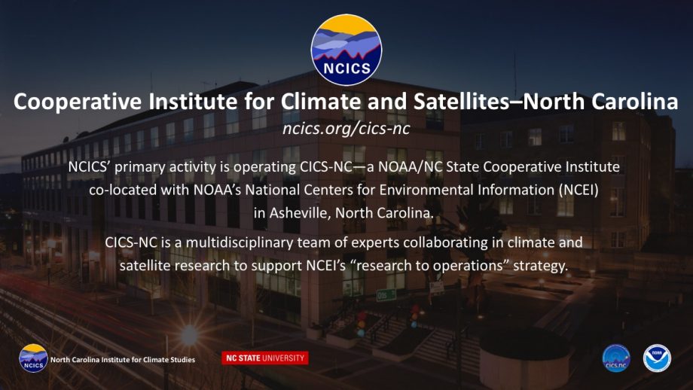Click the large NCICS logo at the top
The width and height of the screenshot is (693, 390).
[346, 50]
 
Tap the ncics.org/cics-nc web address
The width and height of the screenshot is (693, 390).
[346, 129]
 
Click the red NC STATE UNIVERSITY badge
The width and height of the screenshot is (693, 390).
[265, 358]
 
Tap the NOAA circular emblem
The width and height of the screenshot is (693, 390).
[657, 358]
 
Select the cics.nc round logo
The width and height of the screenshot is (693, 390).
[616, 358]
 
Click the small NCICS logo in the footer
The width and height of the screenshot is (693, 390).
[33, 358]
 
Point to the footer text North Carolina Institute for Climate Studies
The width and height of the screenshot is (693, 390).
[123, 360]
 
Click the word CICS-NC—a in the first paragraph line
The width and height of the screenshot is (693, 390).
[333, 167]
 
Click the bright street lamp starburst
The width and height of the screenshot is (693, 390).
[189, 334]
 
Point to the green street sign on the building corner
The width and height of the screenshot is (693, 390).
[386, 294]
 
